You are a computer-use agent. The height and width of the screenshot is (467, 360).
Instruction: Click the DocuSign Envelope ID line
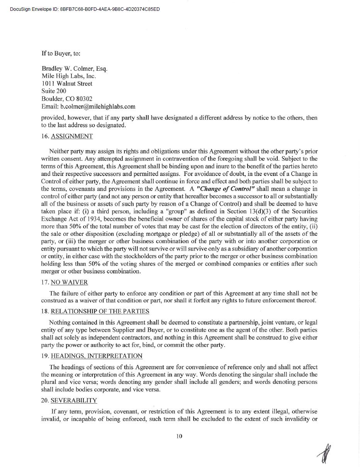point(85,9)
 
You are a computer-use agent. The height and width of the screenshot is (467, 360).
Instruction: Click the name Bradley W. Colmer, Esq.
point(75,69)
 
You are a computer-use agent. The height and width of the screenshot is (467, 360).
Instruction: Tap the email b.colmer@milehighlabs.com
point(88,106)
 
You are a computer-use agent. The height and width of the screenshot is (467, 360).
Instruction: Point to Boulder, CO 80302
point(67,99)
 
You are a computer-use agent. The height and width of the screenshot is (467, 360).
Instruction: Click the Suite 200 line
point(54,91)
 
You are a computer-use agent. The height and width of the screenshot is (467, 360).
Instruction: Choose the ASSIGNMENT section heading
point(72,136)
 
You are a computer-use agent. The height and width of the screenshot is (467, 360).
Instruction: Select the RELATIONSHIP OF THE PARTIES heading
point(100,311)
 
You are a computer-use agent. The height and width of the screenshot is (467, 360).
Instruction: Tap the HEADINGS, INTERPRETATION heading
point(97,356)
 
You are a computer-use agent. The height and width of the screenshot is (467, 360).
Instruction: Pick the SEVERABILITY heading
point(74,400)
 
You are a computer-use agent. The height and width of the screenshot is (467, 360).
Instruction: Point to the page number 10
point(179,436)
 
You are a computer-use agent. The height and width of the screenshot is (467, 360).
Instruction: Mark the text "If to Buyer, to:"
point(61,53)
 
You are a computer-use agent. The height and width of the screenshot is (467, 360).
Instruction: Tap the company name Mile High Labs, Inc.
point(69,76)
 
